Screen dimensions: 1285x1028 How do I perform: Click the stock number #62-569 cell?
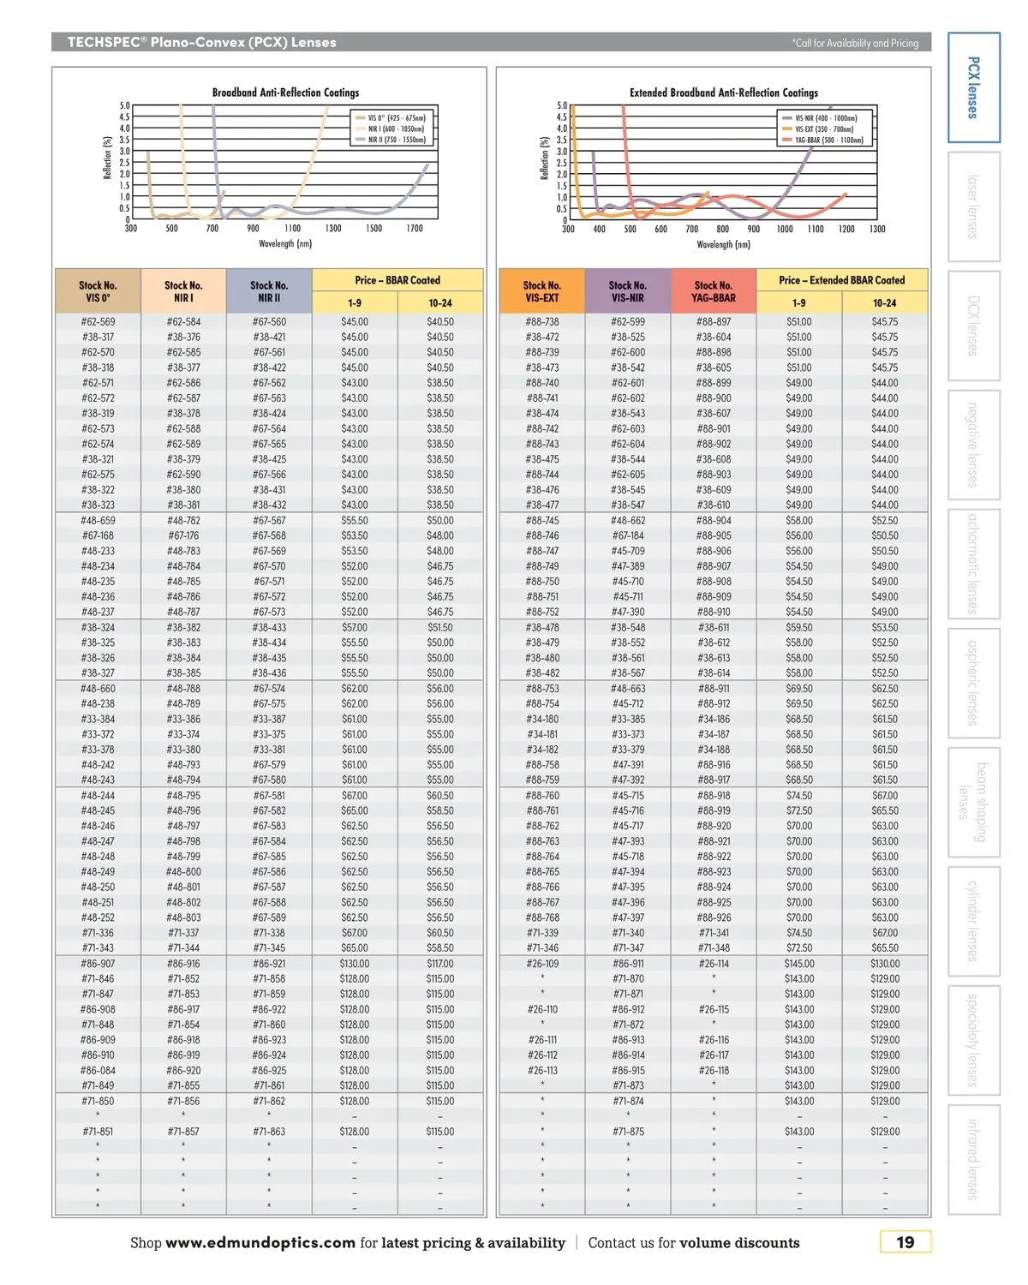click(x=98, y=322)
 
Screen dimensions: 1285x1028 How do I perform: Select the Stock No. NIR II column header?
click(x=269, y=291)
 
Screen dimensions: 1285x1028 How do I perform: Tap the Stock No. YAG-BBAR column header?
click(x=713, y=291)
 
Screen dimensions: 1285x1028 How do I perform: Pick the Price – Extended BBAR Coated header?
click(x=841, y=280)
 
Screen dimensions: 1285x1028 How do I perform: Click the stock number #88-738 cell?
click(x=541, y=322)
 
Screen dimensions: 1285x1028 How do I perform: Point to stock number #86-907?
click(x=98, y=964)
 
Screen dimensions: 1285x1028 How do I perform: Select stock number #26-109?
click(x=541, y=964)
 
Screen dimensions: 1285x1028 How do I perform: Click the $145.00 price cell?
click(x=798, y=964)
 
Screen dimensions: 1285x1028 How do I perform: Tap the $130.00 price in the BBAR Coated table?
click(x=355, y=964)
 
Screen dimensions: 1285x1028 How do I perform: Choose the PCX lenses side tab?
click(x=973, y=87)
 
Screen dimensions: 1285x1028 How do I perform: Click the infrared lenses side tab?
click(x=973, y=1159)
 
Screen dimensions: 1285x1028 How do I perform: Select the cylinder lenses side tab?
click(x=973, y=921)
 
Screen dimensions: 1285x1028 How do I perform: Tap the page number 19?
click(x=905, y=1242)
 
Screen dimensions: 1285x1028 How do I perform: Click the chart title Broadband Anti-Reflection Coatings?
click(x=285, y=93)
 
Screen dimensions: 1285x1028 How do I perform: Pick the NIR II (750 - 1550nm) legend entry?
click(x=396, y=140)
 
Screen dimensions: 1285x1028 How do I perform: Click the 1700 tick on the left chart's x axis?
click(x=415, y=229)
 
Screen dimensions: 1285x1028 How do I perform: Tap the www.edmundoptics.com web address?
click(x=260, y=1243)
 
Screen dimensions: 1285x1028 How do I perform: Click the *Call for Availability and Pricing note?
click(x=855, y=43)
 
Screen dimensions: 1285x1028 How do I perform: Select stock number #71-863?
click(x=269, y=1132)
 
